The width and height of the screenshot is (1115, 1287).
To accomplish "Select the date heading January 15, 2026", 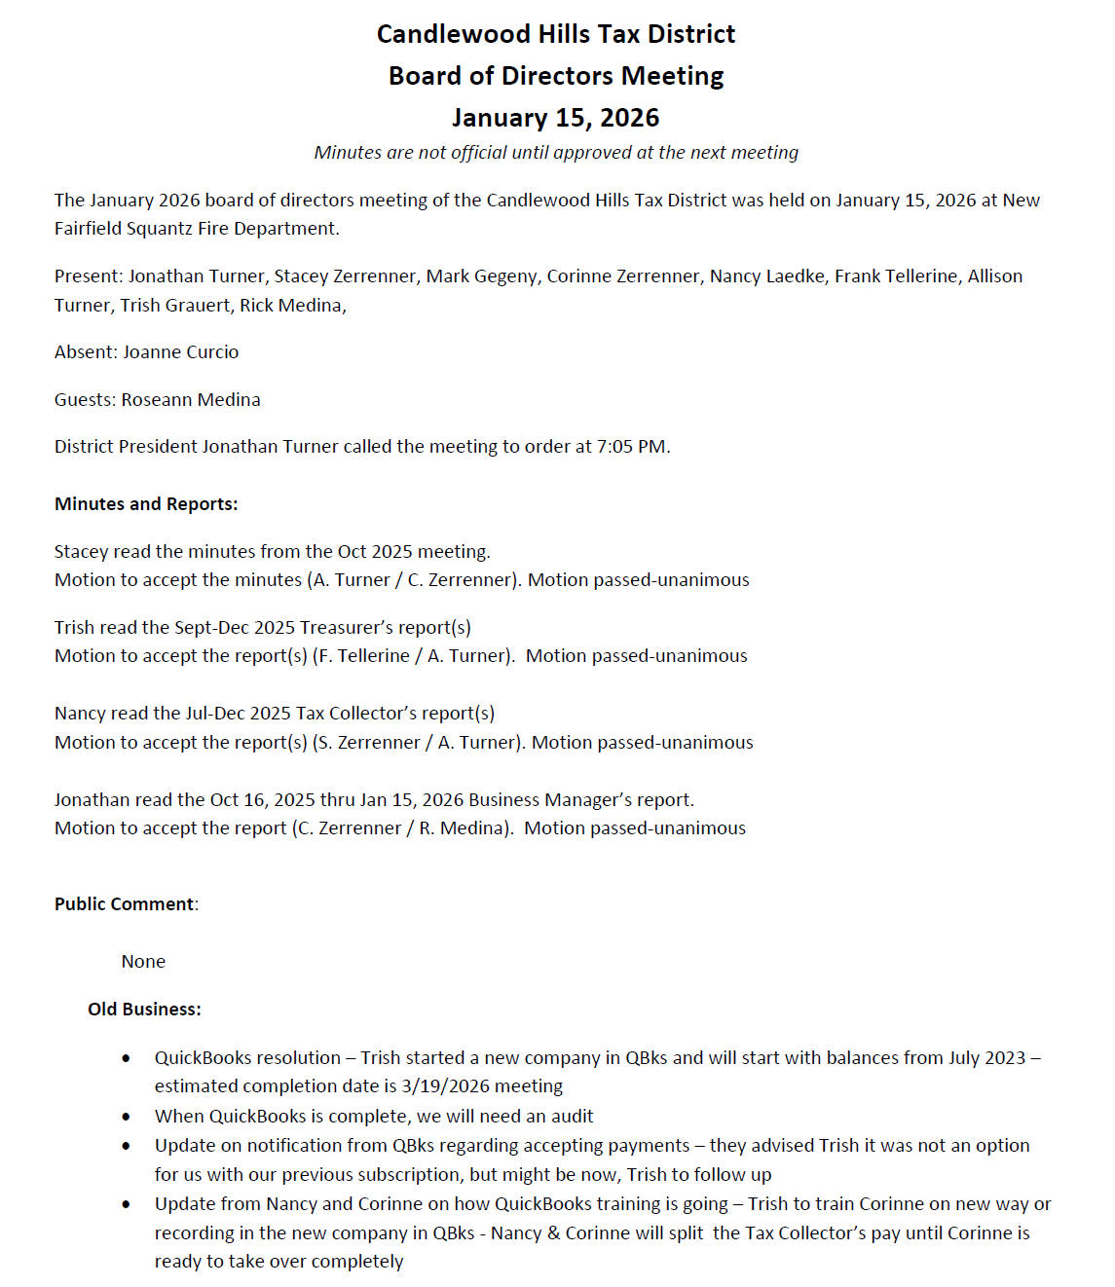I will click(555, 118).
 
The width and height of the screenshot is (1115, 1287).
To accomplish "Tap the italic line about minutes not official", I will click(555, 153).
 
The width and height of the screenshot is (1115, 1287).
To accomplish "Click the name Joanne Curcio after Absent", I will click(180, 352).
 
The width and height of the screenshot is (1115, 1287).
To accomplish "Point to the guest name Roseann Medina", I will click(191, 400).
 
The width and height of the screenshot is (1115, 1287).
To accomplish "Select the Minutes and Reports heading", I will click(146, 504).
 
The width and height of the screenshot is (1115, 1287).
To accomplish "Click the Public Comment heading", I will click(125, 904).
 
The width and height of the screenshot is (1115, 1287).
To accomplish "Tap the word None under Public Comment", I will click(143, 962).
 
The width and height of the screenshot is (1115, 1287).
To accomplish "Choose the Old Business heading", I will click(144, 1010).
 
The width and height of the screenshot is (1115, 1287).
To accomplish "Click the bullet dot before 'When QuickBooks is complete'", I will click(127, 1117).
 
